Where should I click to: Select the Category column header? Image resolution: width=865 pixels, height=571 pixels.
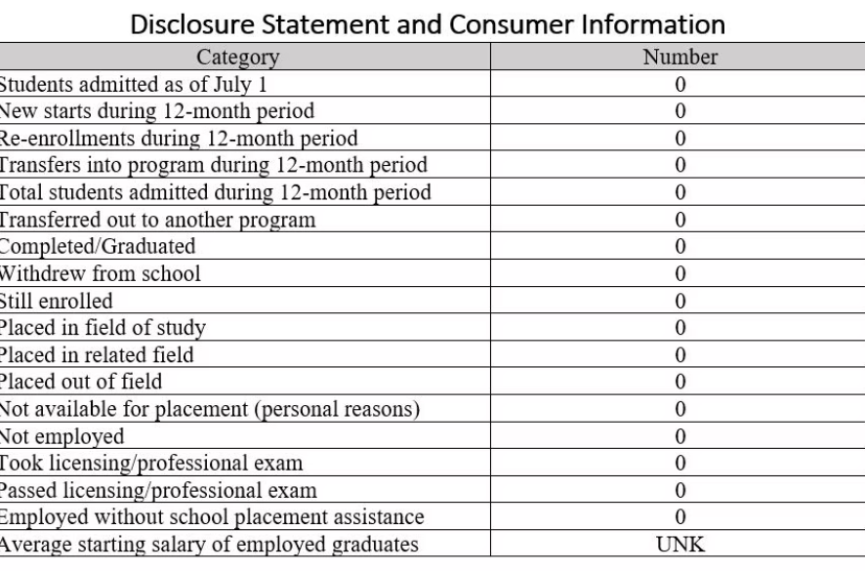point(237,58)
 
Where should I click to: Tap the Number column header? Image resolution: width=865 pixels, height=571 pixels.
point(680,58)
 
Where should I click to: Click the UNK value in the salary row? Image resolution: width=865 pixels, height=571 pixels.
point(680,544)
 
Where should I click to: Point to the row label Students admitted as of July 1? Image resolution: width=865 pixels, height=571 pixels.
point(134,85)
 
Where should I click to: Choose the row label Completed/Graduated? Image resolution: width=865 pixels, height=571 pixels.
point(97,246)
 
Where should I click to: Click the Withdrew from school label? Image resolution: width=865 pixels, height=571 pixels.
point(101,273)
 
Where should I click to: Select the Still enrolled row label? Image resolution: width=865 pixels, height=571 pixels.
point(56,301)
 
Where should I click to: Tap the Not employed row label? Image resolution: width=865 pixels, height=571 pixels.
point(62,435)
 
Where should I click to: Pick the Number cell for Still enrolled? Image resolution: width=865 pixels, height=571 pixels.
point(680,301)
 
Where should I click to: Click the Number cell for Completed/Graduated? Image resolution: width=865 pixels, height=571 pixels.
point(680,246)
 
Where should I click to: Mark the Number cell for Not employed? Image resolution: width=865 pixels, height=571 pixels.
point(680,435)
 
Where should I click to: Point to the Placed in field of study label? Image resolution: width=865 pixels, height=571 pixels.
point(102,327)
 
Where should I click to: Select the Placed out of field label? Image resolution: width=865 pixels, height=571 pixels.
point(80,382)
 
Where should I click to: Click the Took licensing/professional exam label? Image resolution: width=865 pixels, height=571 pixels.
point(150,463)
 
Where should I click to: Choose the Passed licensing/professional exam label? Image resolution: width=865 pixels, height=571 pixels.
point(157,490)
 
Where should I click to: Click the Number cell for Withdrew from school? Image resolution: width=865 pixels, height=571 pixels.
point(680,273)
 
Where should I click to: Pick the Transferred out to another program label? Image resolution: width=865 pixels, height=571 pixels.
point(157,220)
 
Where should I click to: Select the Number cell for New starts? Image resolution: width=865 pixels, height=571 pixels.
point(680,111)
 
